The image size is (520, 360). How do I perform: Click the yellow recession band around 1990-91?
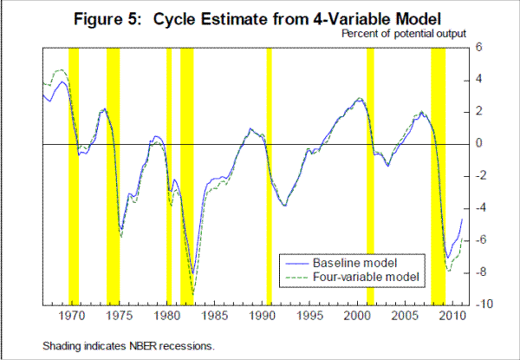(x=269, y=173)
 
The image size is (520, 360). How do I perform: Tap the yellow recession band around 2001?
(x=370, y=173)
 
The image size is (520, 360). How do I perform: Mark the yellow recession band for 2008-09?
(x=438, y=173)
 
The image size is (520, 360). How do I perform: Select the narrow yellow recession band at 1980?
(x=168, y=173)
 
